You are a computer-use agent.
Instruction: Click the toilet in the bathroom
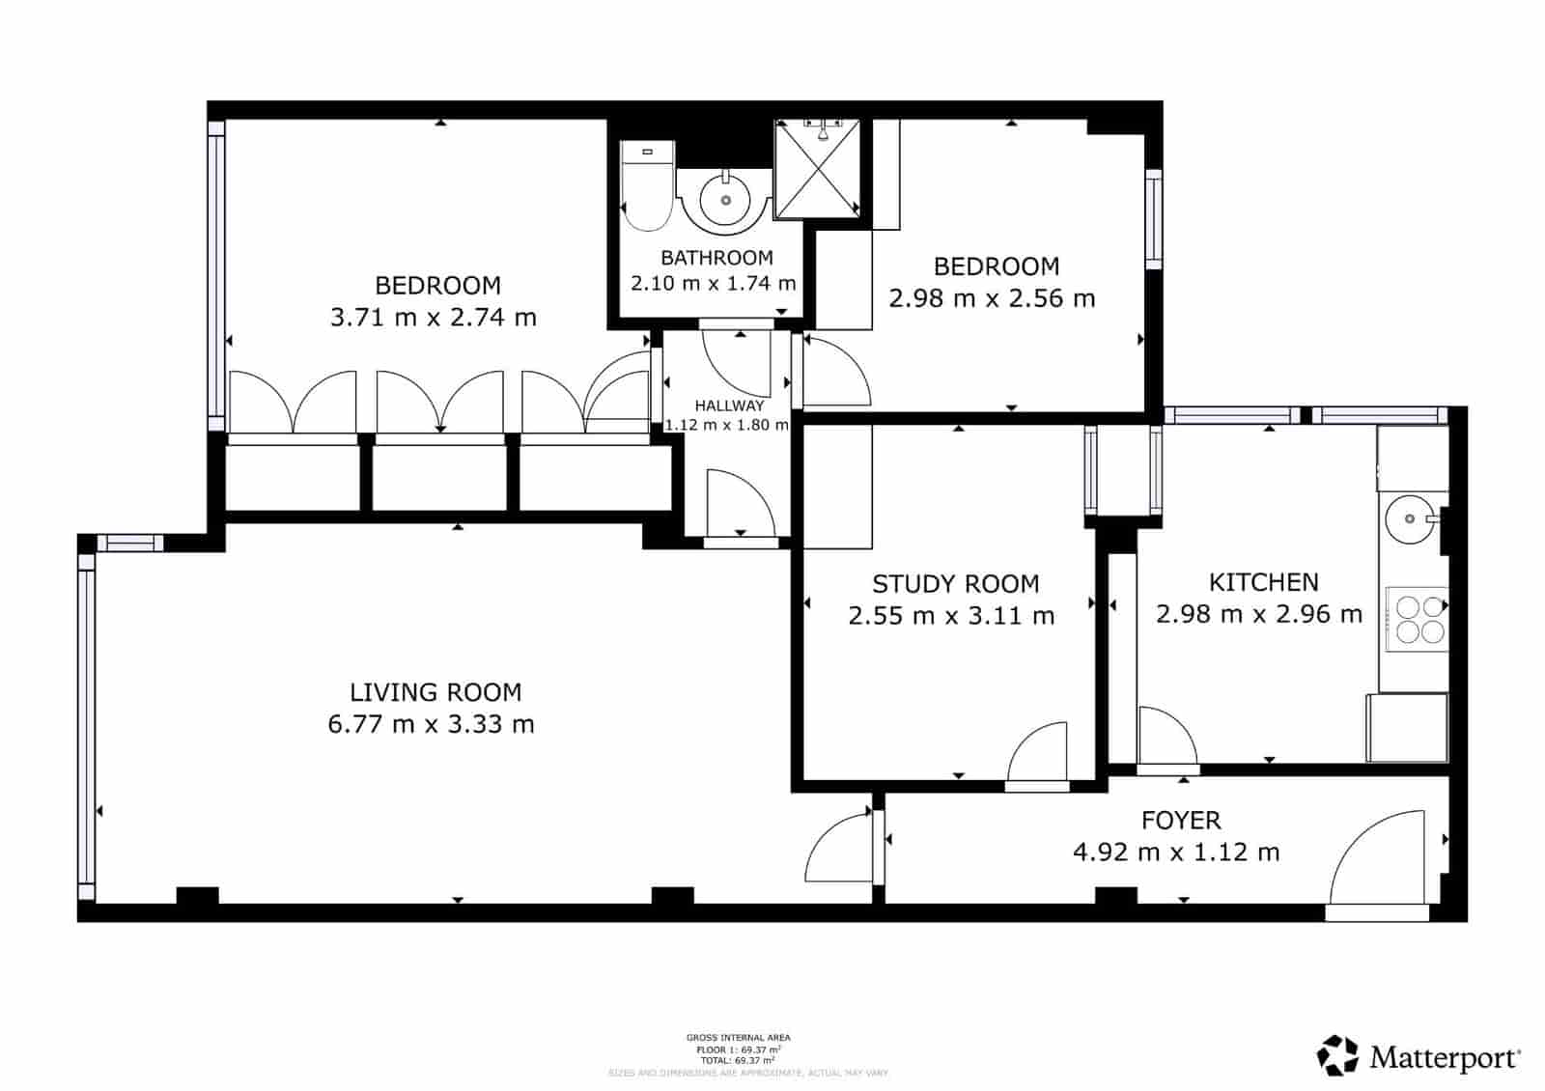click(646, 188)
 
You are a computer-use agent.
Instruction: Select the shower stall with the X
click(817, 170)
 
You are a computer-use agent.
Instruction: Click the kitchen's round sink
click(1409, 519)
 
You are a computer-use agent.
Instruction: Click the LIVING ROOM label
click(435, 692)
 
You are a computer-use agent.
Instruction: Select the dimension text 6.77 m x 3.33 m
click(431, 724)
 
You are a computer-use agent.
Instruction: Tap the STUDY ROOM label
click(955, 584)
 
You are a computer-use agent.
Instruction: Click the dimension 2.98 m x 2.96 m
click(1259, 614)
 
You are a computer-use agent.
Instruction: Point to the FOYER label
click(1180, 821)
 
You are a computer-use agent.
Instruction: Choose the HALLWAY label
click(729, 406)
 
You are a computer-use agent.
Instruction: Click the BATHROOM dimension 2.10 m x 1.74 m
click(713, 284)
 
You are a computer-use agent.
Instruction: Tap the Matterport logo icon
click(1337, 1055)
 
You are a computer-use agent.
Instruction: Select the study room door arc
click(1041, 753)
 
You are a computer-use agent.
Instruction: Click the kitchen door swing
click(1165, 737)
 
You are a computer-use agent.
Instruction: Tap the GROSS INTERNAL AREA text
click(738, 1038)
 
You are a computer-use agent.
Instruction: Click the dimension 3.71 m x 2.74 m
click(433, 318)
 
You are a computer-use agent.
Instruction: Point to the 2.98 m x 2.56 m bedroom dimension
click(992, 298)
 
